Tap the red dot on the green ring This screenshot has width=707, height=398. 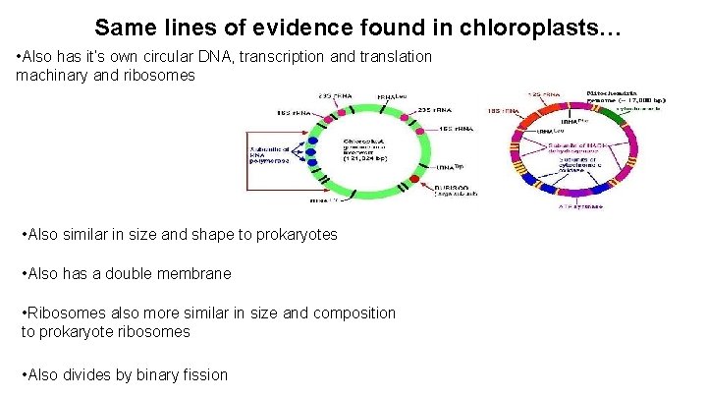427,186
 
